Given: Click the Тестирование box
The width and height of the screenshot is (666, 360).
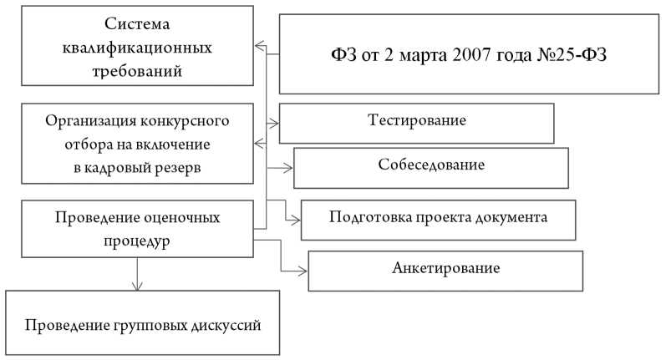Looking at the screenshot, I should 416,121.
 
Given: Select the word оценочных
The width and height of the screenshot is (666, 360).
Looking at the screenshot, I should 182,218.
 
